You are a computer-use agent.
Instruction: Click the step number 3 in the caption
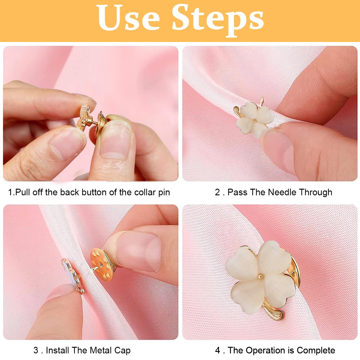coord(36,350)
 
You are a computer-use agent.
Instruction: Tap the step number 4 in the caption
coord(217,350)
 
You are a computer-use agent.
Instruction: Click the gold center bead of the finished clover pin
coord(260,275)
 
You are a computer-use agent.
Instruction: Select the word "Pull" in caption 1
coord(22,192)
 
